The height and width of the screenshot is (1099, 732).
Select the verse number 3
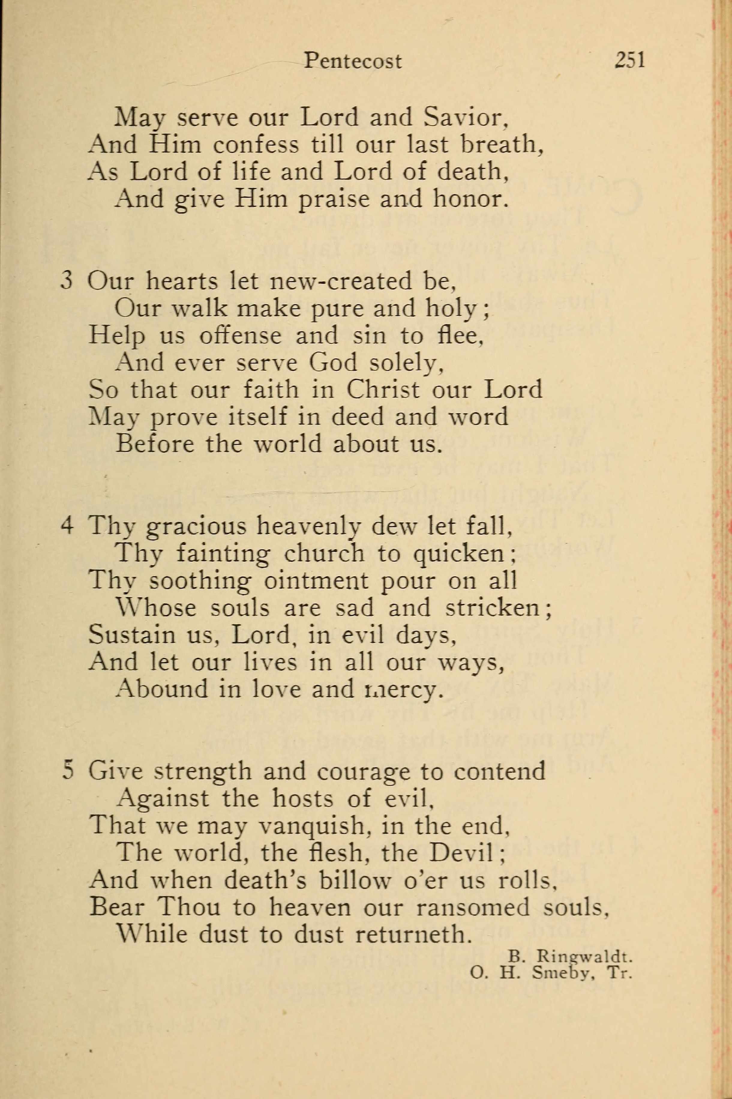pos(67,282)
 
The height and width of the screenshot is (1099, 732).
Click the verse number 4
pos(67,526)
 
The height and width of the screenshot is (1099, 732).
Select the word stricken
pos(497,608)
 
